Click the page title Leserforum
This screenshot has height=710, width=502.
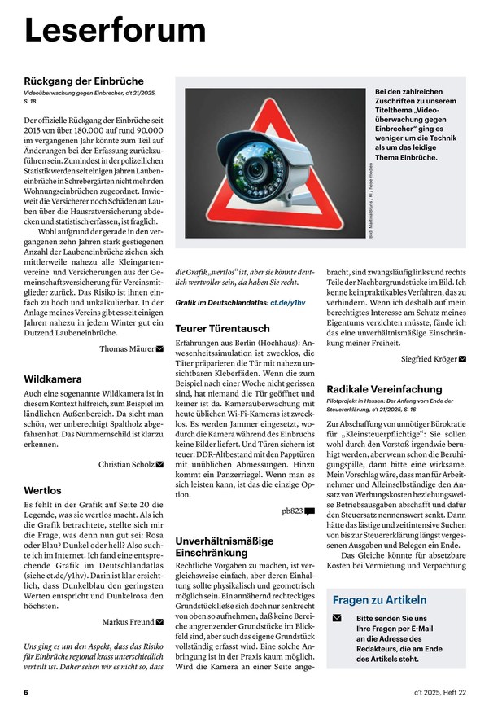click(115, 31)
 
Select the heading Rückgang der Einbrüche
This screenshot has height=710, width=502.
click(84, 81)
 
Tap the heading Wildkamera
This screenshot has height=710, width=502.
click(53, 379)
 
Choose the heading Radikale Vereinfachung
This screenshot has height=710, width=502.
click(384, 389)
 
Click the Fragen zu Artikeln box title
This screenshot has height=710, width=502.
click(379, 600)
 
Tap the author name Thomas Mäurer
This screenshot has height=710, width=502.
click(126, 348)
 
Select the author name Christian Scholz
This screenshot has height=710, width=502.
click(125, 464)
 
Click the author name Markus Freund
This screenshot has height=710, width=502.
click(128, 622)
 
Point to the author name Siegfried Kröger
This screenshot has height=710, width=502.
click(429, 358)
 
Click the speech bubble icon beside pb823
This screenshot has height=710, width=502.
click(310, 511)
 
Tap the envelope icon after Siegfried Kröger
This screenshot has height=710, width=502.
click(462, 358)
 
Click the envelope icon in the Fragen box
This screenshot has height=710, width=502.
click(337, 619)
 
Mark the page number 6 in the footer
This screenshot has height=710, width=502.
click(26, 692)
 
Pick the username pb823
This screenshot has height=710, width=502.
click(291, 511)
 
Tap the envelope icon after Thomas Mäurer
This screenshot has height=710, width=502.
click(159, 348)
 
